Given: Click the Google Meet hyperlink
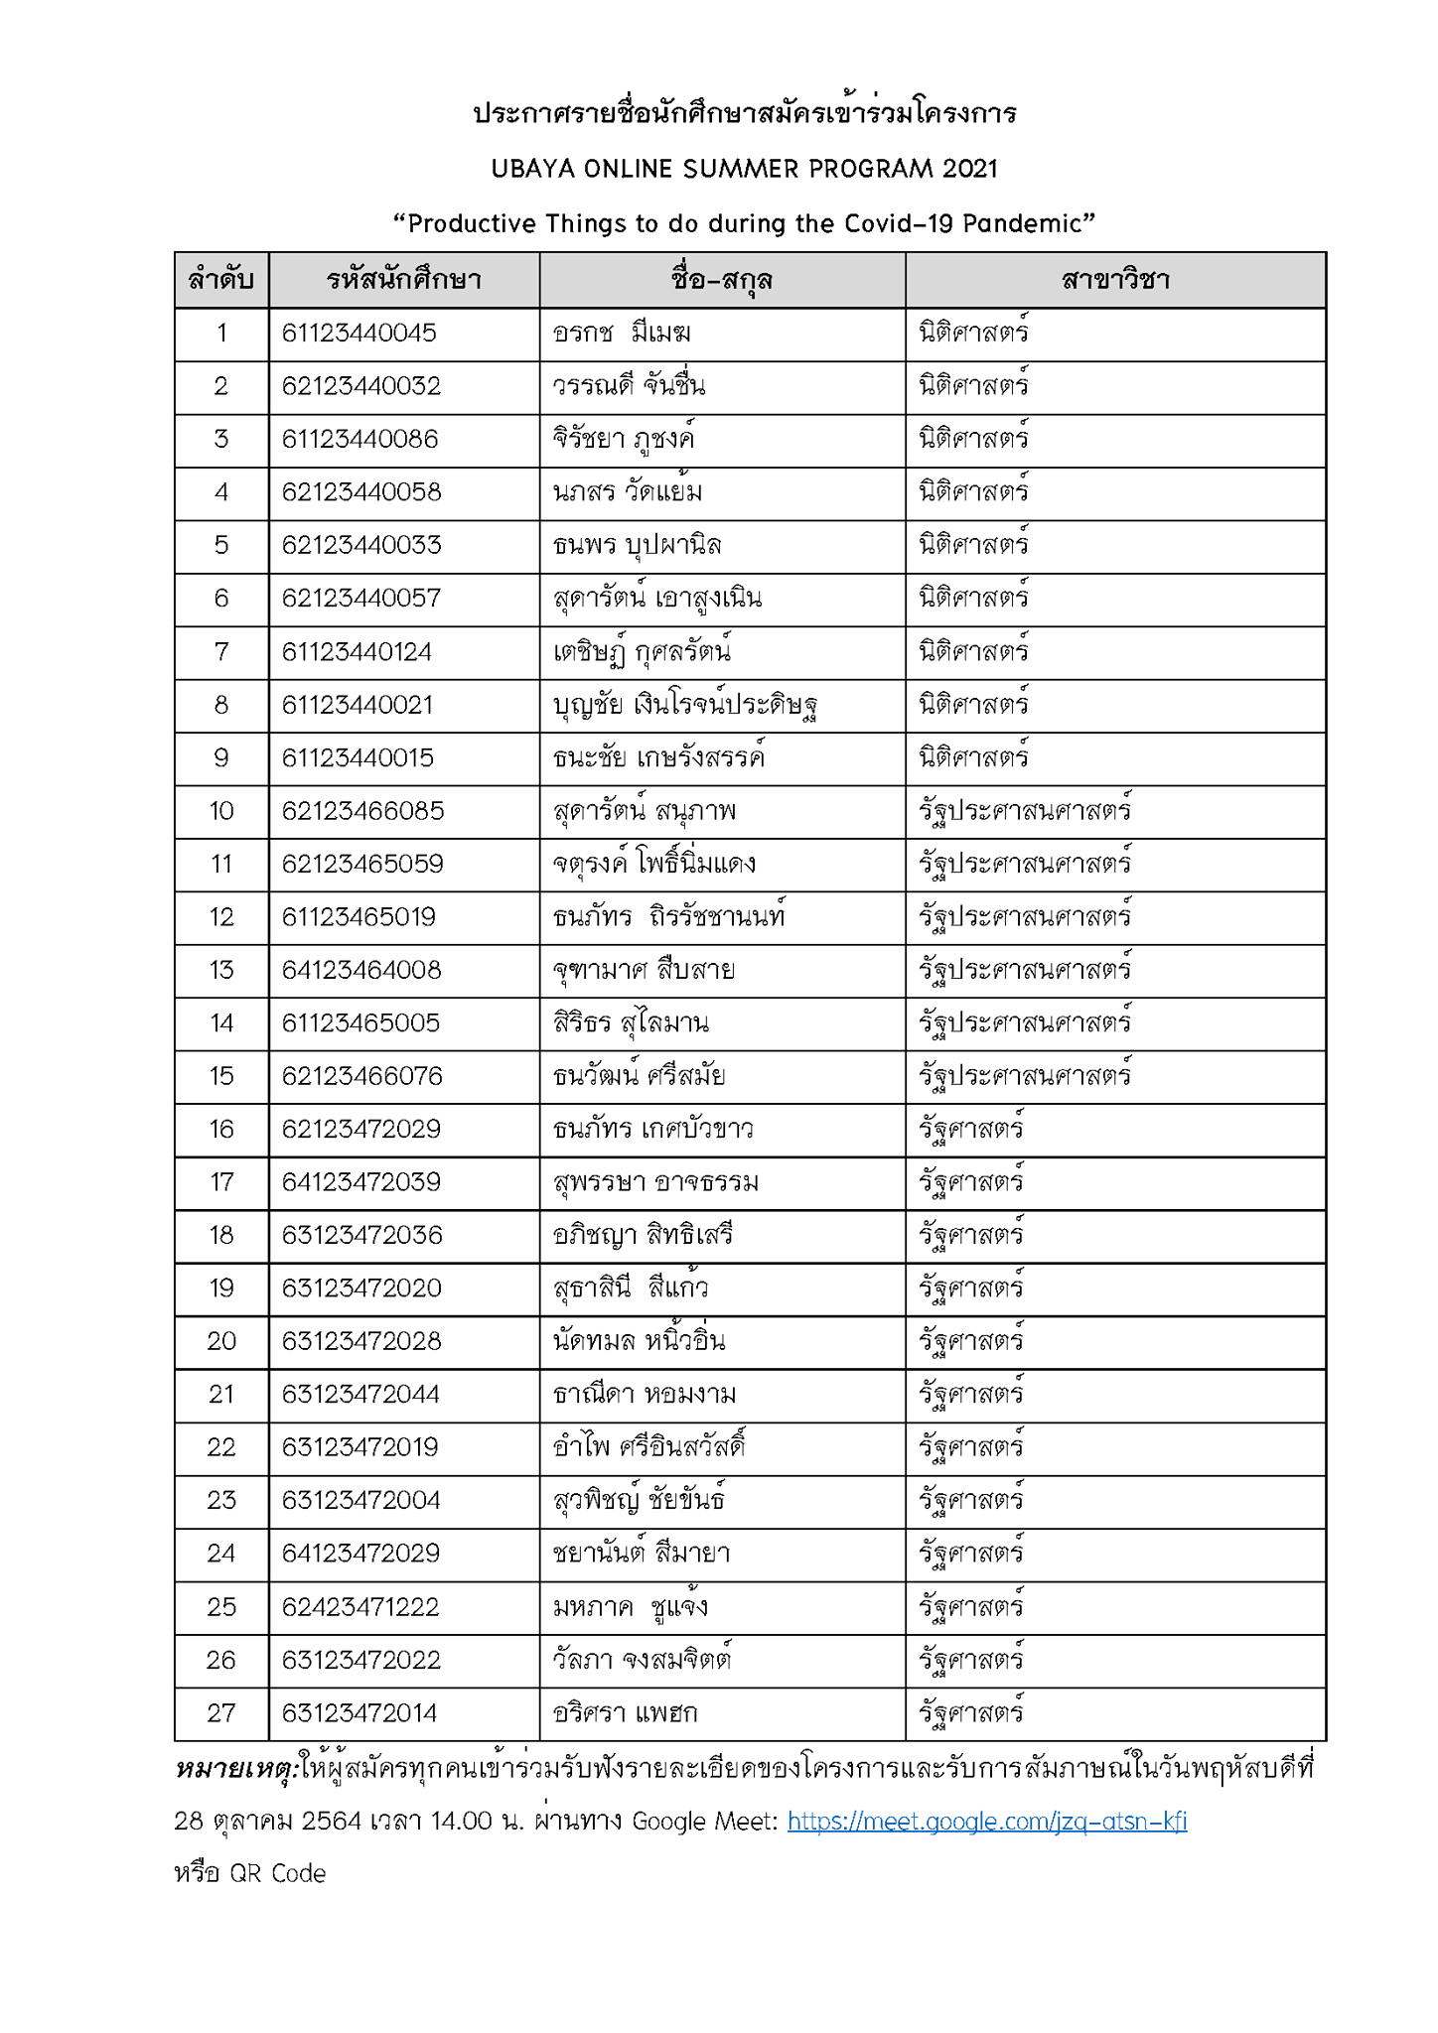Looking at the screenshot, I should [986, 1822].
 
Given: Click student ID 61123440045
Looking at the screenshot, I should [359, 334].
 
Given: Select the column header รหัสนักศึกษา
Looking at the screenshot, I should [403, 280].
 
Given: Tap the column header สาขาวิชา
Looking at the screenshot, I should [1114, 280].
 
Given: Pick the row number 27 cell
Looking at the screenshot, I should [221, 1713].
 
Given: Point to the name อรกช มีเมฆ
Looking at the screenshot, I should [622, 334].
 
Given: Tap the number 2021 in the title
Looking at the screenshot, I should [969, 169].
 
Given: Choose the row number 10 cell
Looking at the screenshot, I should [221, 811].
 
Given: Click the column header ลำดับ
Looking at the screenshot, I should [221, 280].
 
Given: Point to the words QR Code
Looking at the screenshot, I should [277, 1873].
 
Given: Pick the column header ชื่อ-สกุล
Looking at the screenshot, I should [722, 280].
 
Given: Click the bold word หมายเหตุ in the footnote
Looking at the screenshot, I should [234, 1769].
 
